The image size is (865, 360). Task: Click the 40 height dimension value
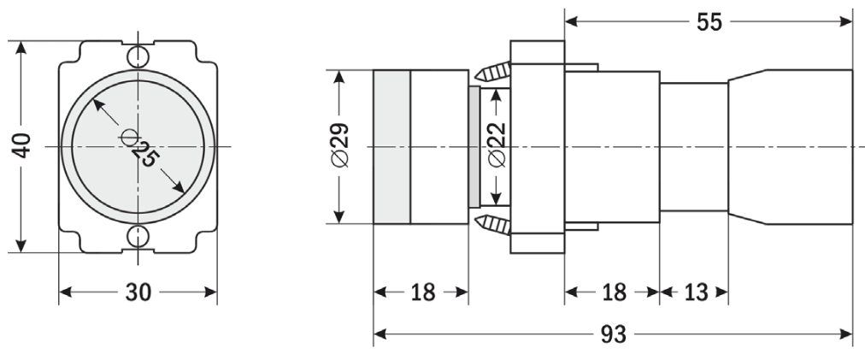point(22,145)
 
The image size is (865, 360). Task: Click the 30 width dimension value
point(138,292)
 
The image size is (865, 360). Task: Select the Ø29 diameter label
point(340,145)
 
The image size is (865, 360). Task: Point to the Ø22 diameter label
point(497,145)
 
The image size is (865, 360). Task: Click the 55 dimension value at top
point(709,22)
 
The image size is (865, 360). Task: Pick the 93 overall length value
point(613,334)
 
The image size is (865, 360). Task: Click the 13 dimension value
point(695,292)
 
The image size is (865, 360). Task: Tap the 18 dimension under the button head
point(422,292)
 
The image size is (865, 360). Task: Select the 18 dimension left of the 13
point(614,292)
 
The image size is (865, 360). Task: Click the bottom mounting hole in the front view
point(138,236)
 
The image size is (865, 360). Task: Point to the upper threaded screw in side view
point(492,71)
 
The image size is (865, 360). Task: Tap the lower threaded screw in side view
point(492,224)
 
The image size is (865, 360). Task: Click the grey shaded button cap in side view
point(391,147)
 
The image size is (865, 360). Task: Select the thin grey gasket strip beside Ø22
point(474,147)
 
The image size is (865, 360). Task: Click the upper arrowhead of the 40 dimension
point(21,49)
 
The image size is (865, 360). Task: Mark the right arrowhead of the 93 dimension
point(845,334)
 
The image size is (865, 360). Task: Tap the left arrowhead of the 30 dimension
point(66,292)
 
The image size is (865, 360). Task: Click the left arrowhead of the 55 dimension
point(572,21)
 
